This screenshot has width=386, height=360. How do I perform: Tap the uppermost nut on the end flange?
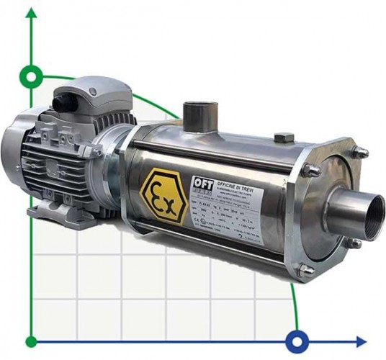358,152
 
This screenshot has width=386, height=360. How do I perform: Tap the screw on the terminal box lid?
91,92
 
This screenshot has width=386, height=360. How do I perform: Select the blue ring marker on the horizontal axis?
296,341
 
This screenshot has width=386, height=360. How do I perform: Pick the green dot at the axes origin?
31,341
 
